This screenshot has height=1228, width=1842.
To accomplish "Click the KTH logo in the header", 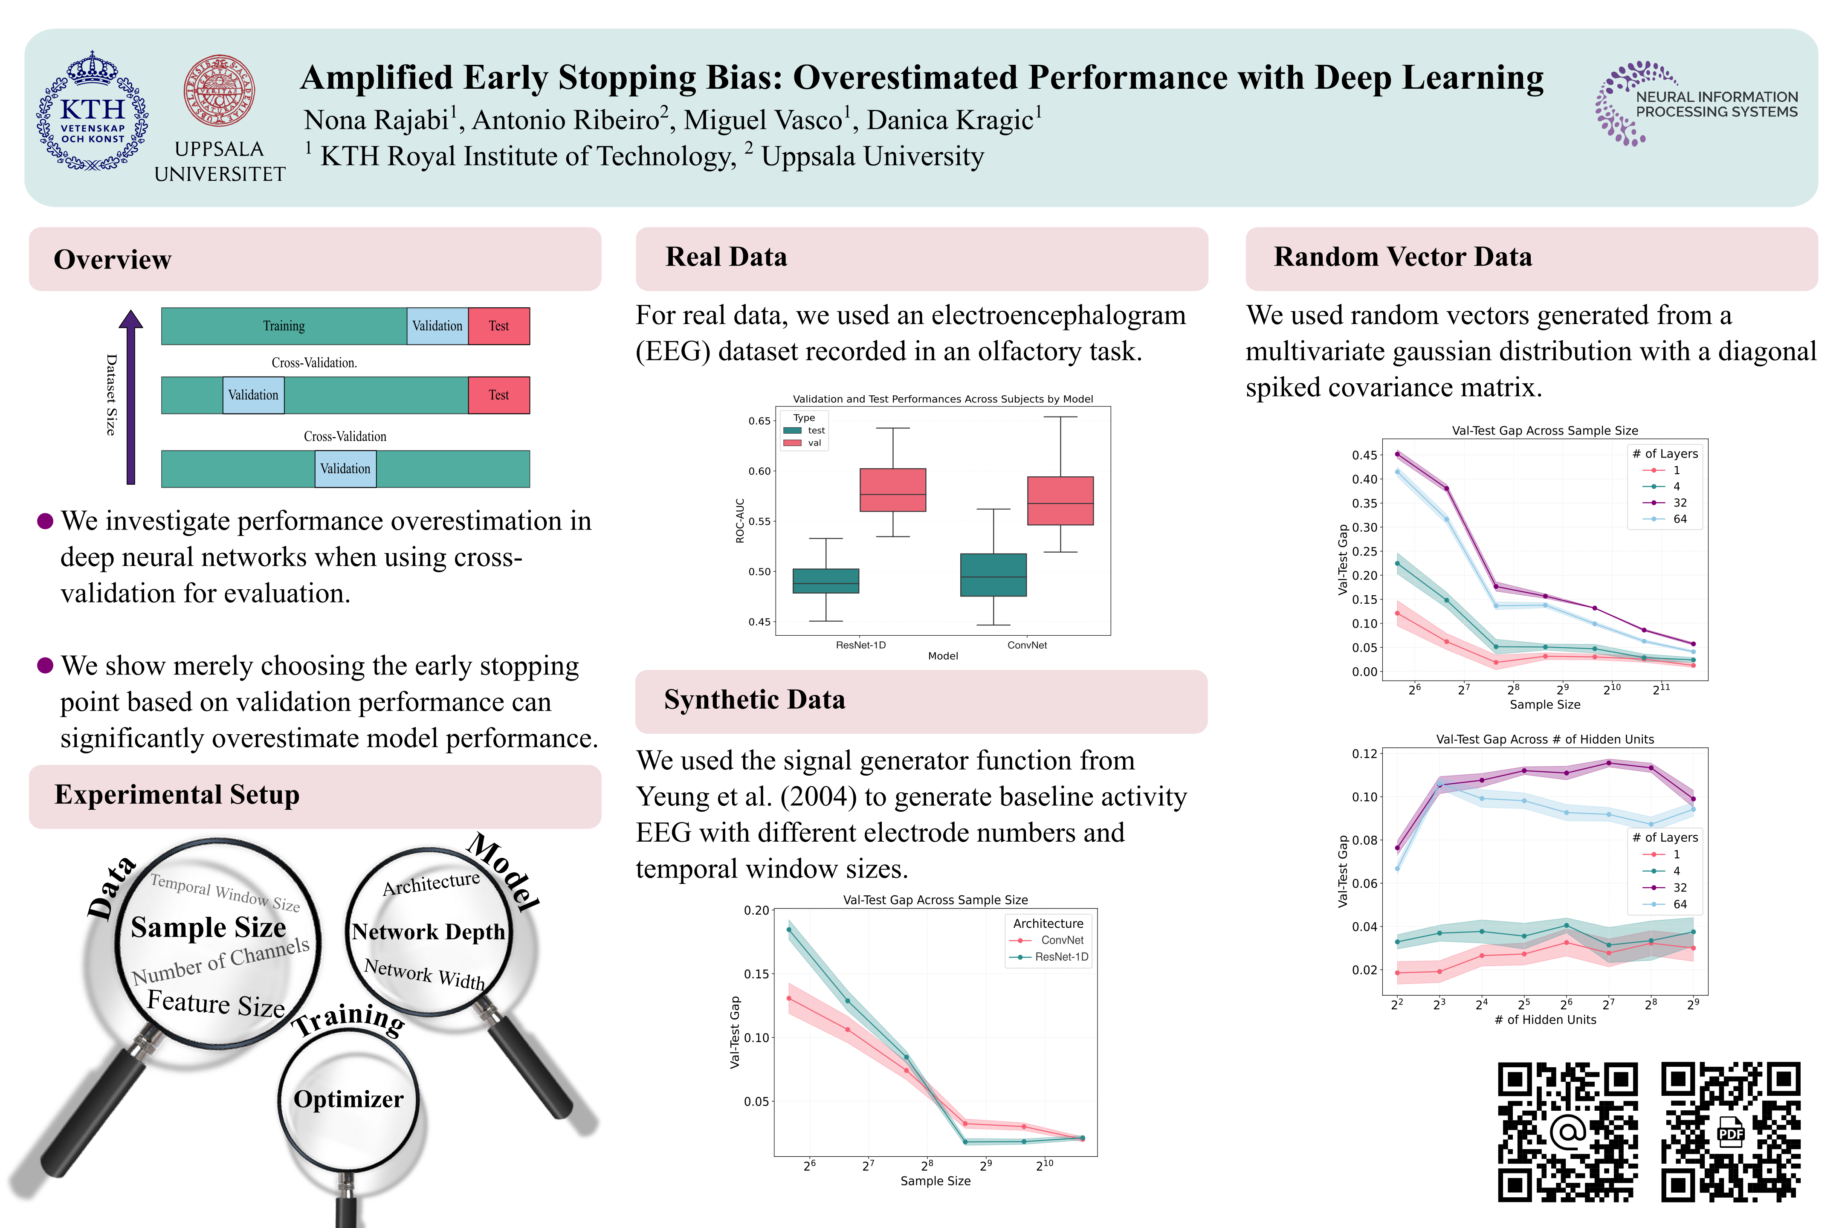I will point(93,111).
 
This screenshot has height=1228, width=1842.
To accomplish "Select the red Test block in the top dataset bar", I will point(499,326).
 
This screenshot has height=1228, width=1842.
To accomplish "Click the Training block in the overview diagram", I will point(284,326).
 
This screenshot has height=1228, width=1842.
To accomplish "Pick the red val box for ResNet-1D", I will point(893,490).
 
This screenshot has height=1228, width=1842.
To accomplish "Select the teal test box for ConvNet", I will point(993,575).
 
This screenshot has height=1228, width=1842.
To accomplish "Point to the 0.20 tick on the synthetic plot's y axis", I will point(756,911).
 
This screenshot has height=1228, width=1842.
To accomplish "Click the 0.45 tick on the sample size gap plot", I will point(1364,455).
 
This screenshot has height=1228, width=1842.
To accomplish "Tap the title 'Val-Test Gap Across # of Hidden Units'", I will point(1544,739).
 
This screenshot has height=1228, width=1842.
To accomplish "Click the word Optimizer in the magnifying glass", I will point(348,1100).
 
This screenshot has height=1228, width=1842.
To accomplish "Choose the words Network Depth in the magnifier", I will point(429,932).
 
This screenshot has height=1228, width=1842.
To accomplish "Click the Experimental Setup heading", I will point(177,795).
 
